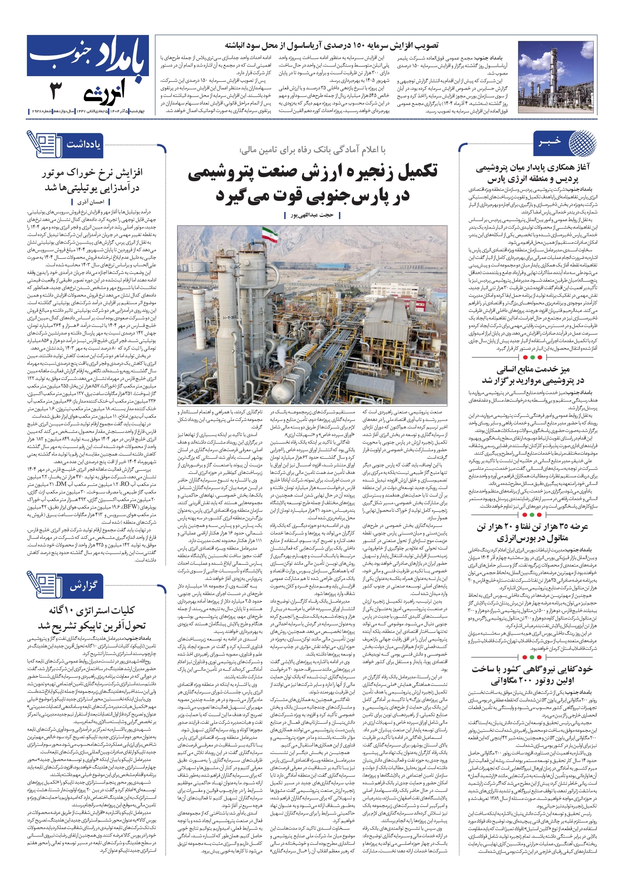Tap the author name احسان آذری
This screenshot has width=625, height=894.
tap(91, 202)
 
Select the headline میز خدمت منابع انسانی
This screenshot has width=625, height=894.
tap(533, 369)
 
